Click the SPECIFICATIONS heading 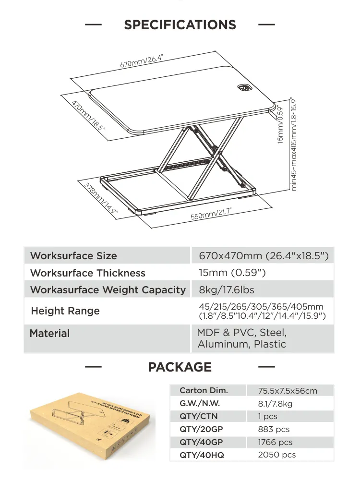(x=180, y=25)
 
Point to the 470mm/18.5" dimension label (x=88, y=116)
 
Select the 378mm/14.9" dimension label (x=101, y=197)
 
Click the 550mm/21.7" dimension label (x=211, y=213)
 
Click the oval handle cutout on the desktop (x=245, y=88)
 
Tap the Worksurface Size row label (x=73, y=256)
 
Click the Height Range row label (x=65, y=311)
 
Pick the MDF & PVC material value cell (x=242, y=338)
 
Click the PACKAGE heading (x=180, y=367)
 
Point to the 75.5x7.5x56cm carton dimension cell (x=288, y=391)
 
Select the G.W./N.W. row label (x=200, y=404)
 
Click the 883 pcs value (x=274, y=430)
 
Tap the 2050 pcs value (x=276, y=455)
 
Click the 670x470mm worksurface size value (x=264, y=256)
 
